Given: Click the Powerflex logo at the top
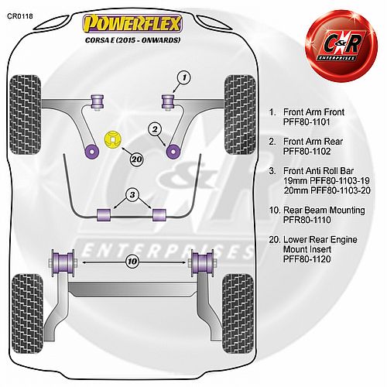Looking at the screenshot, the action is point(132,24).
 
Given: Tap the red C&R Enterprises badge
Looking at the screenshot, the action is point(341,46).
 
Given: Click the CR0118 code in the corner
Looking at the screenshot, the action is point(20,16).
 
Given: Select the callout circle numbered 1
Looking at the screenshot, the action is point(184,77).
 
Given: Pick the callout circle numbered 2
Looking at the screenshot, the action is point(155,129).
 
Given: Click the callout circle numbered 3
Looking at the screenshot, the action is point(132,194).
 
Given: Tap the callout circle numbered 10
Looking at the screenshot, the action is point(132,262).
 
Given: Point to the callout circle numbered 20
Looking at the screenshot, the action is point(136,159).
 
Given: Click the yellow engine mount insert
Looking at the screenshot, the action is point(113,139).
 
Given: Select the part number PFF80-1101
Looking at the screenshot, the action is point(307,122).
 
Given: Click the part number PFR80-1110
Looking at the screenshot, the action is point(307,220).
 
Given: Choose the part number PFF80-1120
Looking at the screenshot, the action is point(307,259).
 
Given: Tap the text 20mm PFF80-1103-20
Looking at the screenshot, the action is point(327,190).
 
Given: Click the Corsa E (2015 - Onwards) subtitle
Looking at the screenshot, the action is point(132,40).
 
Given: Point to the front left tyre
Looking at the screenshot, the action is point(25,115).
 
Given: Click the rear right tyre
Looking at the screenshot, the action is point(238,313).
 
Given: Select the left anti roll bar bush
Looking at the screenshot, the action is point(104,215).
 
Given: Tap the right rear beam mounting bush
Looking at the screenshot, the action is point(202,262).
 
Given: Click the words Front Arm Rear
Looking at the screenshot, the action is point(313,142).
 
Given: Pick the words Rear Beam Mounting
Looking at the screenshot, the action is point(324,210).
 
